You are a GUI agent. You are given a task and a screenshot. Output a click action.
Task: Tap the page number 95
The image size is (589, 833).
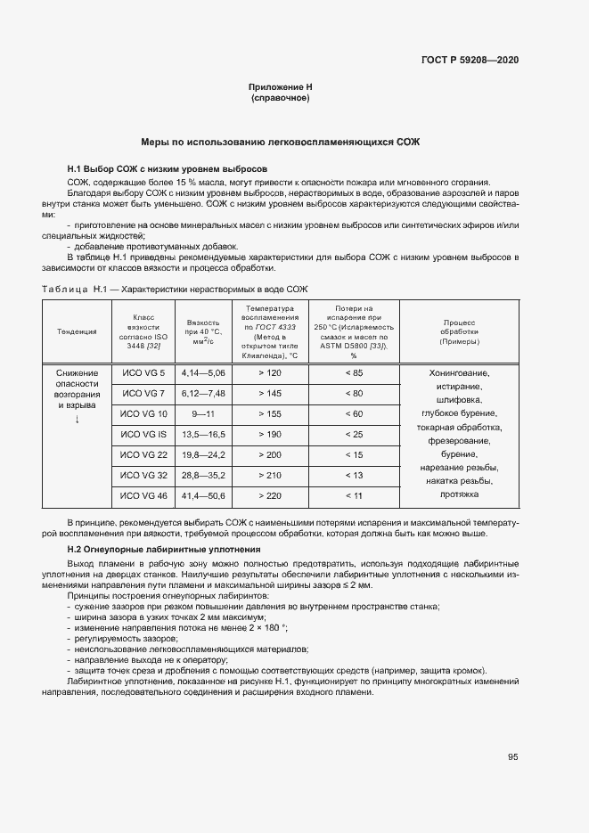tap(512, 756)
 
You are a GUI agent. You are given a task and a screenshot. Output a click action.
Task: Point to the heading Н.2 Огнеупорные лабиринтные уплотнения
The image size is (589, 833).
tap(176, 550)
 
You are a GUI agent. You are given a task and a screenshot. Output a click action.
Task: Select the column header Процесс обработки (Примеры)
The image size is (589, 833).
tap(459, 331)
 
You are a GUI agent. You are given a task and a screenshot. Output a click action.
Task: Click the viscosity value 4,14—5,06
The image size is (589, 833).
tap(203, 372)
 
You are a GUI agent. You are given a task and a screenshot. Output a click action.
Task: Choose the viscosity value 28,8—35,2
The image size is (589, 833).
tap(203, 475)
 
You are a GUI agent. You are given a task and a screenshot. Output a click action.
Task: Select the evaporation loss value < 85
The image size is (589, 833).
tap(354, 372)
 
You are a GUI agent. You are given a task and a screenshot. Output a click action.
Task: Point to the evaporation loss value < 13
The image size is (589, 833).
tap(354, 475)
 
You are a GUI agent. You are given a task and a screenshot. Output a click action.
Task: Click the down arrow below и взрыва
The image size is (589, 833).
tap(78, 419)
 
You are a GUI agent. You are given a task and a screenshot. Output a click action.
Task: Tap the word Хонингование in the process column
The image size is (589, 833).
tap(459, 373)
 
